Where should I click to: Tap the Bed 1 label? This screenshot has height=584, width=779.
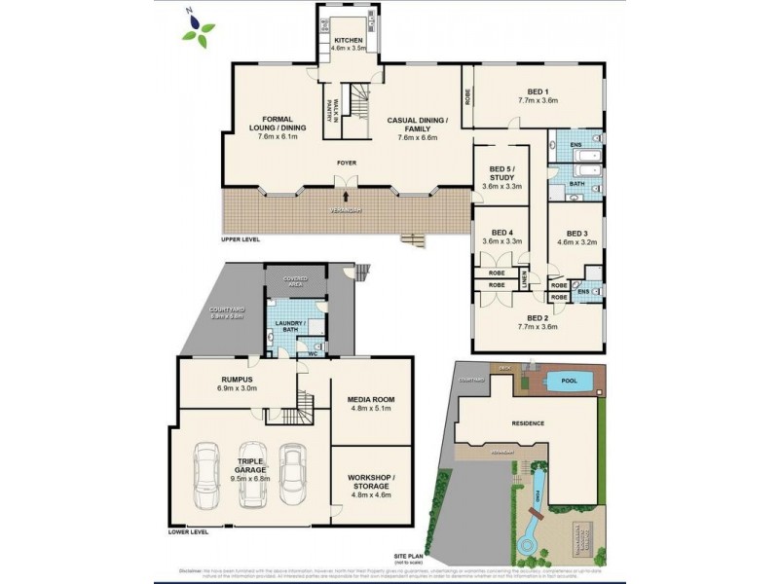(537, 95)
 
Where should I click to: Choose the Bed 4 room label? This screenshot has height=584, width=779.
(502, 236)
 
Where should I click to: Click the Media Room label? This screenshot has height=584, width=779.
(370, 403)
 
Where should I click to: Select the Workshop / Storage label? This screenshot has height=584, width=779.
(370, 484)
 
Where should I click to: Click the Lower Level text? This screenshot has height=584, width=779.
(189, 531)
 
